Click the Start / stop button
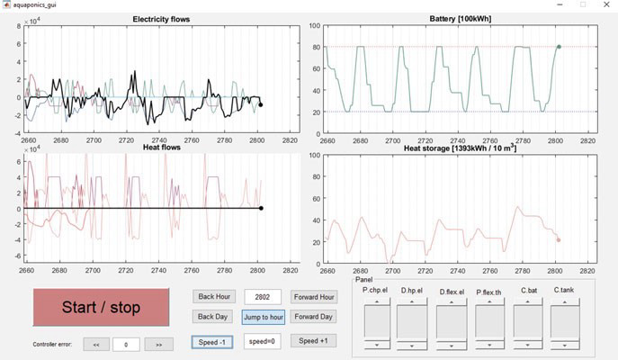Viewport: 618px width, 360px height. [102, 307]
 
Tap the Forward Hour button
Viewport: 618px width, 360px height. [314, 297]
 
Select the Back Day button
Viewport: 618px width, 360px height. [213, 317]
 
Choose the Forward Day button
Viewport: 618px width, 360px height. [313, 317]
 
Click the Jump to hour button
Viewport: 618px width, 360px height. [264, 317]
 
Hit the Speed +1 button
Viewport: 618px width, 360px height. [313, 341]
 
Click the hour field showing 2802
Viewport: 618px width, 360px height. [263, 297]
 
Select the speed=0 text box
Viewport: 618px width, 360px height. [262, 341]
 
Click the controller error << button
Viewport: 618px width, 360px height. [96, 344]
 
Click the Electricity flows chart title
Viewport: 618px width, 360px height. [161, 19]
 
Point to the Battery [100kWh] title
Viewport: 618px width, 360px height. [461, 19]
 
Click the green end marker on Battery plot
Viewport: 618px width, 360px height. [559, 47]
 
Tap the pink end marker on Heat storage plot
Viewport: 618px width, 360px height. [558, 240]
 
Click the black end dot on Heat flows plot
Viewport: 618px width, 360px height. [261, 208]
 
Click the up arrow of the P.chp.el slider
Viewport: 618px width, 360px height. [377, 301]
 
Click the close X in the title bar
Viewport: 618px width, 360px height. [606, 4]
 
